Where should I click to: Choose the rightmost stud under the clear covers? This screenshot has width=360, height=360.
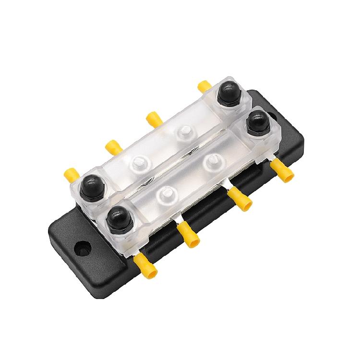211,159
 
